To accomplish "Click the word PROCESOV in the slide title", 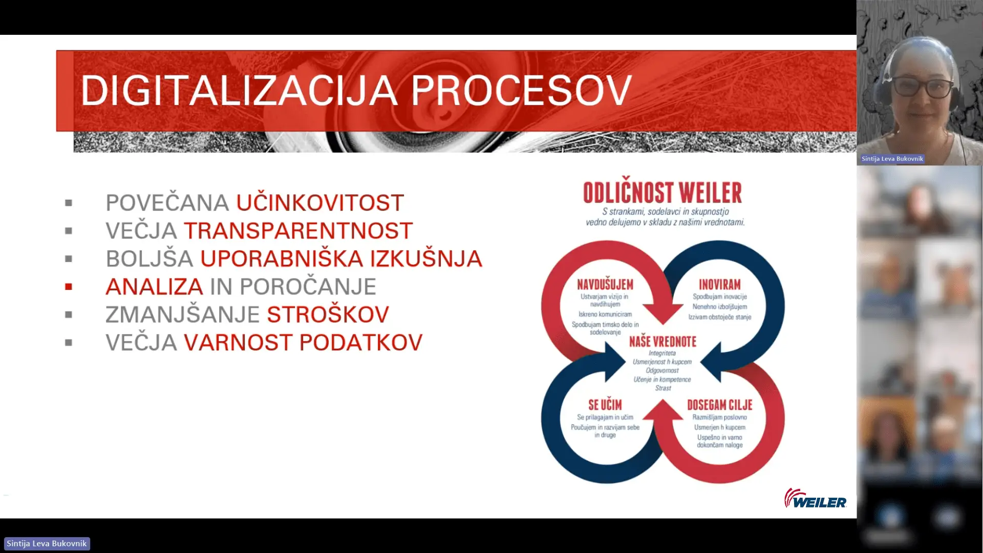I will pos(521,91).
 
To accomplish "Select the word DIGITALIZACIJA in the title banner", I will pos(239,91).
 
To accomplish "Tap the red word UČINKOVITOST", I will pos(320,203).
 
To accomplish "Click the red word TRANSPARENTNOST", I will pos(298,231).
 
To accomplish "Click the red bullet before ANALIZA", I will pos(69,287).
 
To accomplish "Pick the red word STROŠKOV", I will pos(328,314).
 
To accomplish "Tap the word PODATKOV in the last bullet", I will pos(361,343).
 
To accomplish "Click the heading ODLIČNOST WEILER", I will pos(663,193).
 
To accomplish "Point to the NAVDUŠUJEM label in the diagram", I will pos(605,285).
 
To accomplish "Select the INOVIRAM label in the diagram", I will pos(720,285).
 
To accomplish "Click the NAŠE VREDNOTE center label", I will pos(663,342).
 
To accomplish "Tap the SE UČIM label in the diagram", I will pos(605,405).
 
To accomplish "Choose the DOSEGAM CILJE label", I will pos(720,405).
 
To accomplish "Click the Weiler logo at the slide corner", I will pos(815,499).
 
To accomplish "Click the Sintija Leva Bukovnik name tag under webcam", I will pos(892,159).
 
